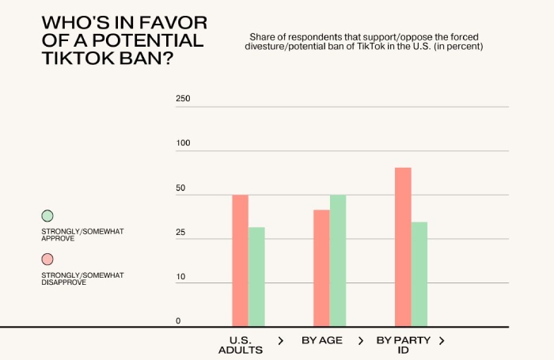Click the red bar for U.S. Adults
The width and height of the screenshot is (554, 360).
[x=240, y=260]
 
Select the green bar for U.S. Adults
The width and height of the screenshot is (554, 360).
[x=256, y=277]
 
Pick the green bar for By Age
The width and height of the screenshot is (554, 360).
[x=338, y=260]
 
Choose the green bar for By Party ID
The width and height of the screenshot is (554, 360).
[x=419, y=274]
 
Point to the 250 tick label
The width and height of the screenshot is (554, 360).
[x=184, y=99]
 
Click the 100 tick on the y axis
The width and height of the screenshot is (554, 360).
[x=184, y=143]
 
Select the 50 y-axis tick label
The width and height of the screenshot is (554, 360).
[x=181, y=188]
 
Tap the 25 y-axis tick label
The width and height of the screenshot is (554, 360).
[x=181, y=233]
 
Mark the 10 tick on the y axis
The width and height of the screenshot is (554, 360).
[x=180, y=277]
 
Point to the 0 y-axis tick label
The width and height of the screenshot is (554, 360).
[x=178, y=321]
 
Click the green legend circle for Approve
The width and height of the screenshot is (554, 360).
[x=47, y=215]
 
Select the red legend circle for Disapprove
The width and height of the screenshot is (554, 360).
[x=47, y=260]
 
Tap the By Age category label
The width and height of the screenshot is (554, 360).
[x=322, y=340]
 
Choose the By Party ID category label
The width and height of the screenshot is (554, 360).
[x=404, y=345]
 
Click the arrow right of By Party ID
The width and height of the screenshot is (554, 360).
[x=442, y=340]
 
